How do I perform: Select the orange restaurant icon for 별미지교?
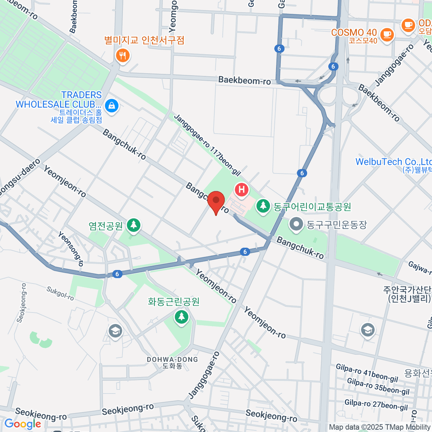(x=123, y=55)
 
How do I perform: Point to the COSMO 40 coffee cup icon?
(x=387, y=35)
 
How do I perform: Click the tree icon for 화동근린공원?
(x=181, y=317)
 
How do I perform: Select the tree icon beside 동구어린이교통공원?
(x=264, y=206)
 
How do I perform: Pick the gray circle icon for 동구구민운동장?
(x=296, y=224)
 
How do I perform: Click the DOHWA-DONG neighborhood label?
(x=172, y=360)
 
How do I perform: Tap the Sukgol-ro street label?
(x=60, y=293)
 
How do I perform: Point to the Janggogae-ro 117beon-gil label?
(x=207, y=145)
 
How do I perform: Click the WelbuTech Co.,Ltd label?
(x=393, y=162)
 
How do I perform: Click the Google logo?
(x=22, y=424)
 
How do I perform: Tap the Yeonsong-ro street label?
(x=71, y=249)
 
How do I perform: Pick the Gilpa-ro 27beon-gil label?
(x=376, y=405)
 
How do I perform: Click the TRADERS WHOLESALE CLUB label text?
(x=59, y=100)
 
